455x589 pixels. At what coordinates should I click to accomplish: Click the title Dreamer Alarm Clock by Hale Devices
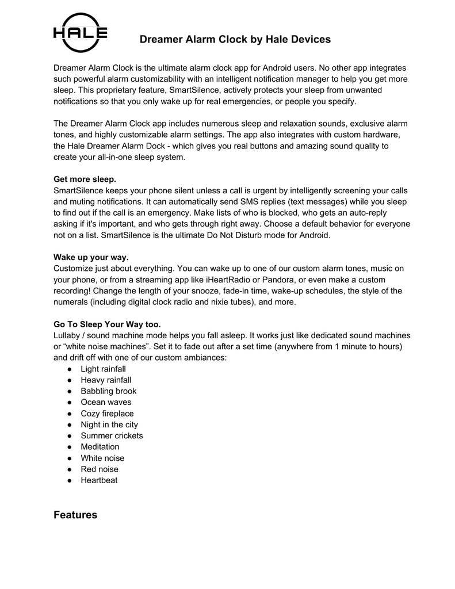235,40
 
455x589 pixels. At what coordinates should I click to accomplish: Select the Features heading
75,515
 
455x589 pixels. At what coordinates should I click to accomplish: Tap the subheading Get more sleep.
85,179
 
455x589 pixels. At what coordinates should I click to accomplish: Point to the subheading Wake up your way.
91,257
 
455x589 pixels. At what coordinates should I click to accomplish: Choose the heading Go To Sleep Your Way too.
107,324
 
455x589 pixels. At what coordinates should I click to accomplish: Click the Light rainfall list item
104,369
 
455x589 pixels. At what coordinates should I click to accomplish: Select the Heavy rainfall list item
106,380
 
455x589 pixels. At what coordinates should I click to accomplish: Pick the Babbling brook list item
109,391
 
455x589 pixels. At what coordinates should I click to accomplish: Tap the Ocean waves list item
106,402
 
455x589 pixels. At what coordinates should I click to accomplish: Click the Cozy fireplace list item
107,414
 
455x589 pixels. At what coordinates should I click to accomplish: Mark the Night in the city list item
109,424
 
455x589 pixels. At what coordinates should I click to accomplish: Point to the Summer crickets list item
112,435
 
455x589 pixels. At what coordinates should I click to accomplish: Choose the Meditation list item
100,447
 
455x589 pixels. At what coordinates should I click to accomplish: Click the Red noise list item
100,469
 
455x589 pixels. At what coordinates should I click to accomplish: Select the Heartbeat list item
99,480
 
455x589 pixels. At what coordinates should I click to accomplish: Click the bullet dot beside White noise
69,458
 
